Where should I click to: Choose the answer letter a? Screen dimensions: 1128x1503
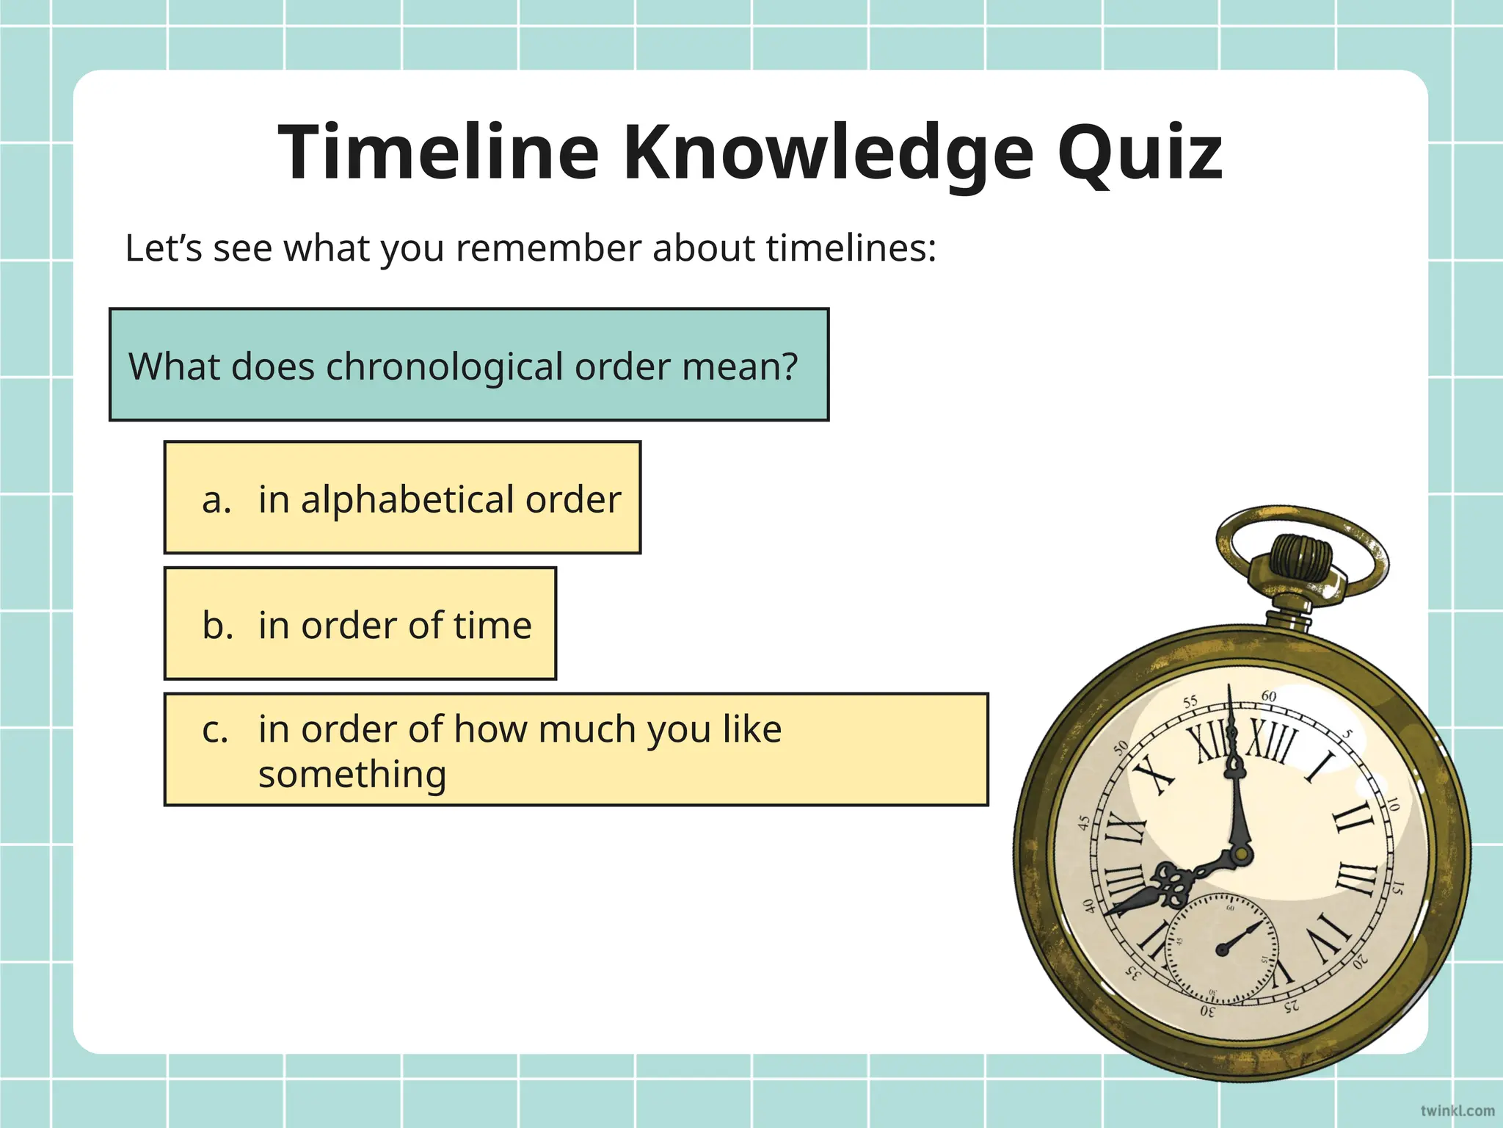coord(216,499)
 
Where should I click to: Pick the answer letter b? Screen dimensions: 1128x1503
coord(217,626)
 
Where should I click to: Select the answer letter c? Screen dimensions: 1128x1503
coord(215,729)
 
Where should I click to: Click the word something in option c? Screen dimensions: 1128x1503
coord(352,774)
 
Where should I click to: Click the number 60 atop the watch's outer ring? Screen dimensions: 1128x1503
coord(1269,696)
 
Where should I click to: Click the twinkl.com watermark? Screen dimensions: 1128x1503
coord(1457,1110)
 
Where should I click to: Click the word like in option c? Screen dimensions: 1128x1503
coord(751,729)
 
